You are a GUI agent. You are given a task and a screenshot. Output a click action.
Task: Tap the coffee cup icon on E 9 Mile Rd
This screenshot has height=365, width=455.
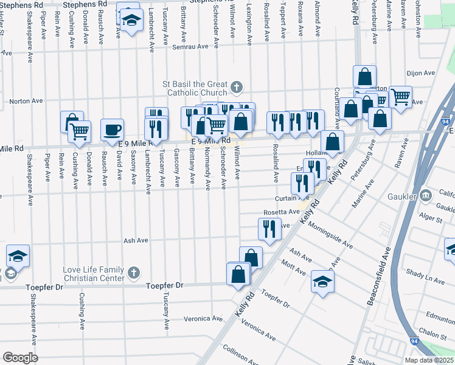pos(112,129)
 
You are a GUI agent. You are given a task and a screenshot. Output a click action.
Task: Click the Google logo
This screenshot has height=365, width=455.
pos(20,358)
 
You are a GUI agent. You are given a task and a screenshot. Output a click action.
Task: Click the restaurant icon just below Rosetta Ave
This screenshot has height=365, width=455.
pos(269,229)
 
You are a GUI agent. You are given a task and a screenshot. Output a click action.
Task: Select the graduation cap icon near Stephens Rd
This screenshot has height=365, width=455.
pos(130,19)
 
